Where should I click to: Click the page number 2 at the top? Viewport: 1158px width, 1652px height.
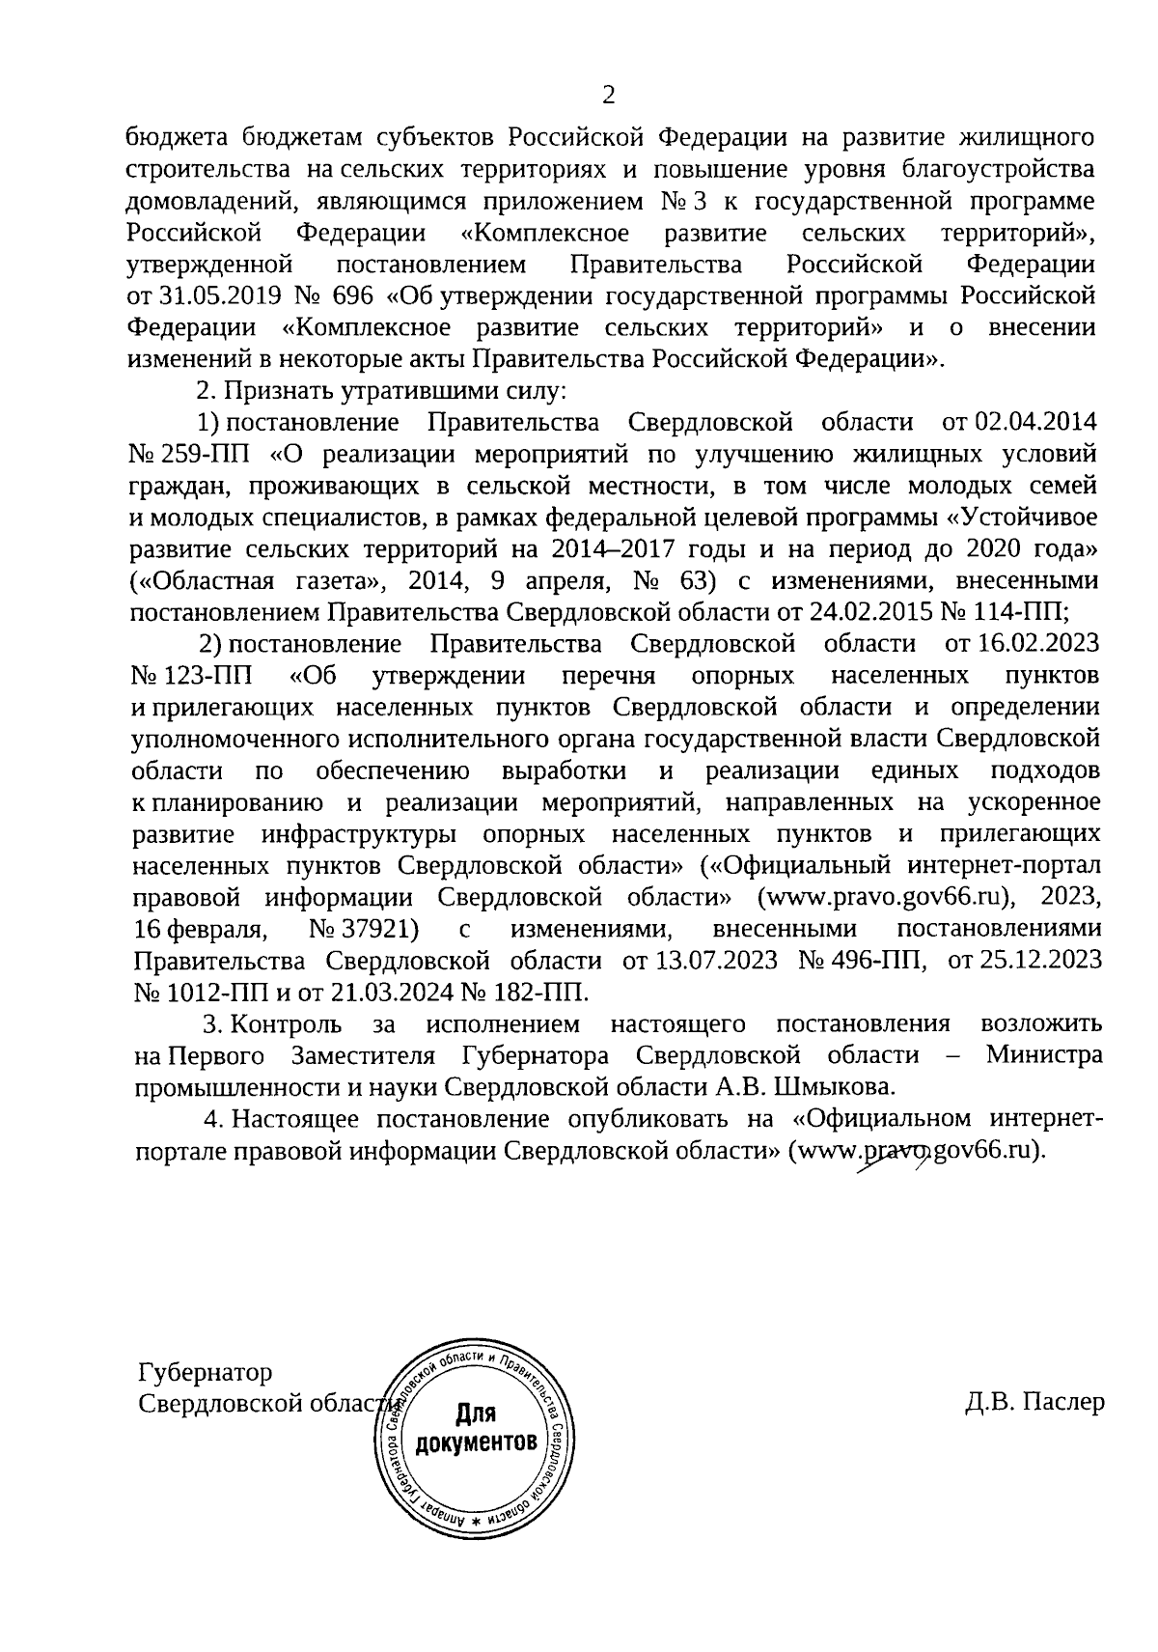pos(608,95)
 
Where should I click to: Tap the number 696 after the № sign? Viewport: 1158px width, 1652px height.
pos(349,295)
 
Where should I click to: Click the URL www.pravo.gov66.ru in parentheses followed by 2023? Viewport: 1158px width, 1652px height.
pos(892,897)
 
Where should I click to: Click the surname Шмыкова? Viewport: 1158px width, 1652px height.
pos(834,1087)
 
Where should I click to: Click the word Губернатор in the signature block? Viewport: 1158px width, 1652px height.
pos(206,1372)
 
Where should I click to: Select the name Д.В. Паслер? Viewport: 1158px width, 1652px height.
pos(1034,1403)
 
